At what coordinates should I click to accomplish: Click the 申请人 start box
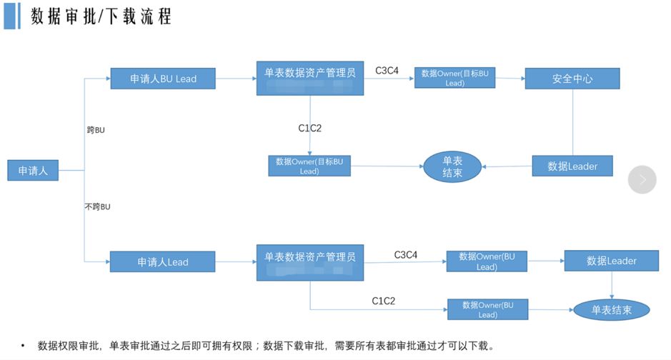coord(32,171)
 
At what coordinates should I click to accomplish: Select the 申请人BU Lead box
coord(163,79)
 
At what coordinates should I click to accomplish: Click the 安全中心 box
coord(572,79)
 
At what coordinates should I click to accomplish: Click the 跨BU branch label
coord(96,130)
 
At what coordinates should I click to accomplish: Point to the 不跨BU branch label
coord(98,206)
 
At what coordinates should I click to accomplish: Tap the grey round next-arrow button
coord(642,180)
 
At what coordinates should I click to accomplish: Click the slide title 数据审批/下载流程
coord(101,16)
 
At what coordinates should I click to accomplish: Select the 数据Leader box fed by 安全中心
coord(572,166)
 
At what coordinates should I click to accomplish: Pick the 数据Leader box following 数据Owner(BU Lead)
coord(612,261)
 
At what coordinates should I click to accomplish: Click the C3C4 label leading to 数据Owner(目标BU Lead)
coord(387,70)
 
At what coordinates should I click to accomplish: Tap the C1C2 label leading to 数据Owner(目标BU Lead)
coord(310,129)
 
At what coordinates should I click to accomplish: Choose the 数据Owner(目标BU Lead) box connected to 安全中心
coord(455,78)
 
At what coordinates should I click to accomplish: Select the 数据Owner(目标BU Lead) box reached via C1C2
coord(309,166)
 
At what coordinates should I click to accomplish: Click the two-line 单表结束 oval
coord(452,166)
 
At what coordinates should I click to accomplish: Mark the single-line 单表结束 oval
coord(612,310)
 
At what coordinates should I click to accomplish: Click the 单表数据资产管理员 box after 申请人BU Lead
coord(310,78)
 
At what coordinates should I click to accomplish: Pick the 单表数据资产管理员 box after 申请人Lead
coord(310,262)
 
